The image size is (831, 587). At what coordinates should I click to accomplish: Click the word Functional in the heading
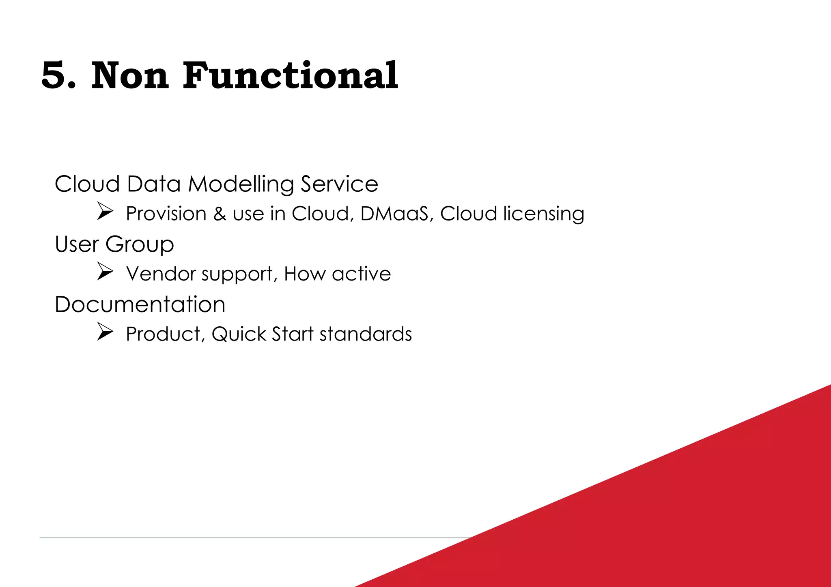point(290,76)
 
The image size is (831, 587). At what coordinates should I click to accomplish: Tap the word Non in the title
point(130,76)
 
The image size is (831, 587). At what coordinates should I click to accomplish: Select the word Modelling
point(241,184)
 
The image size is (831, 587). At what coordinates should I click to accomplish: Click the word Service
point(339,184)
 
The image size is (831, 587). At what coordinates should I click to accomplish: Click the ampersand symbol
point(220,214)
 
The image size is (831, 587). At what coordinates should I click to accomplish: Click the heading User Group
point(114,244)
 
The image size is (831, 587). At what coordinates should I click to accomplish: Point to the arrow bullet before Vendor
point(105,272)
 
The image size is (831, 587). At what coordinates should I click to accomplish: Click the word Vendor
point(161,274)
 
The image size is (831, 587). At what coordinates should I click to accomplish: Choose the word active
point(361,274)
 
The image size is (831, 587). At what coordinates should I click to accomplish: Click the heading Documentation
point(140,304)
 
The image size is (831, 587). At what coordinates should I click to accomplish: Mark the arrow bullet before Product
point(105,332)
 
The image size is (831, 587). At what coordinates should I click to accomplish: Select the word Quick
point(239,334)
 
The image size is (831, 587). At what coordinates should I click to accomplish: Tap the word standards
point(366,334)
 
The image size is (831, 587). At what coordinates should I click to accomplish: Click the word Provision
point(166,214)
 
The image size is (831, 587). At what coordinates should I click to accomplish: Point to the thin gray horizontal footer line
point(243,538)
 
